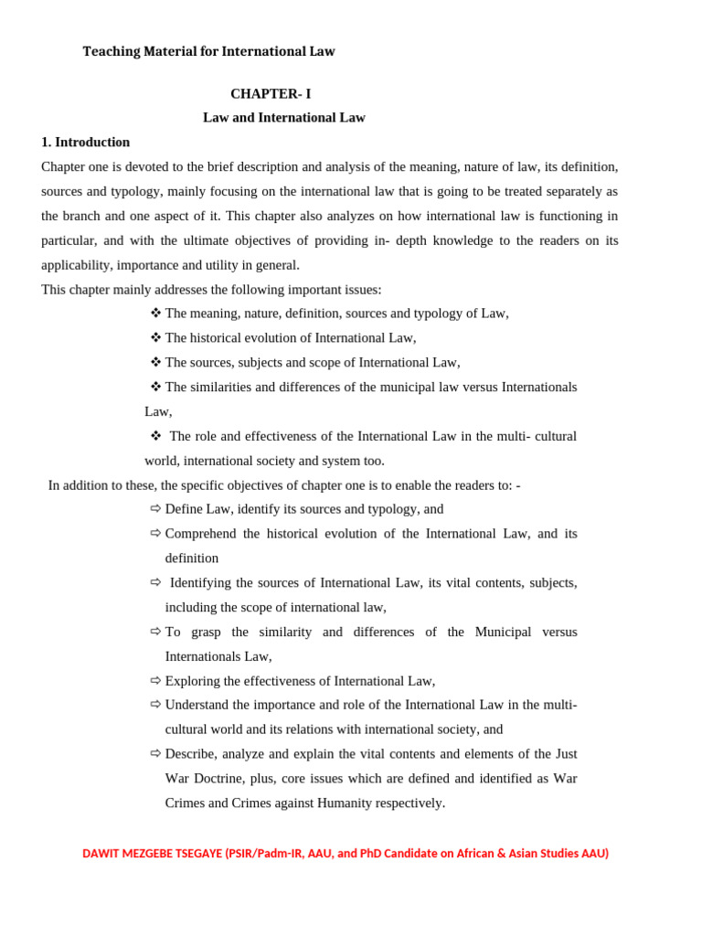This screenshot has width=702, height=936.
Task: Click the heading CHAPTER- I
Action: (x=271, y=94)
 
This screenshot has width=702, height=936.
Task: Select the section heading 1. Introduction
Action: (x=86, y=143)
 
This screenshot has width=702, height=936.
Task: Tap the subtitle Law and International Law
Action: (x=284, y=118)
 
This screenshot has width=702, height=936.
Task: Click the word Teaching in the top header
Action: (x=112, y=52)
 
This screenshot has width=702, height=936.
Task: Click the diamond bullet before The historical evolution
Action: (x=155, y=337)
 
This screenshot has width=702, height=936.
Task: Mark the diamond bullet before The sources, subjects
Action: (x=155, y=362)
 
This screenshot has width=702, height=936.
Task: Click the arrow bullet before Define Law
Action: (x=155, y=509)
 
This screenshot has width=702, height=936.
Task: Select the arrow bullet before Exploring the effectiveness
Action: (x=155, y=681)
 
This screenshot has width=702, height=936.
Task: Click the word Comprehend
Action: (x=200, y=534)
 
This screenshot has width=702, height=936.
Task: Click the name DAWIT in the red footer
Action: (x=101, y=854)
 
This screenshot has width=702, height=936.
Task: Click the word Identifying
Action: (x=207, y=583)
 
